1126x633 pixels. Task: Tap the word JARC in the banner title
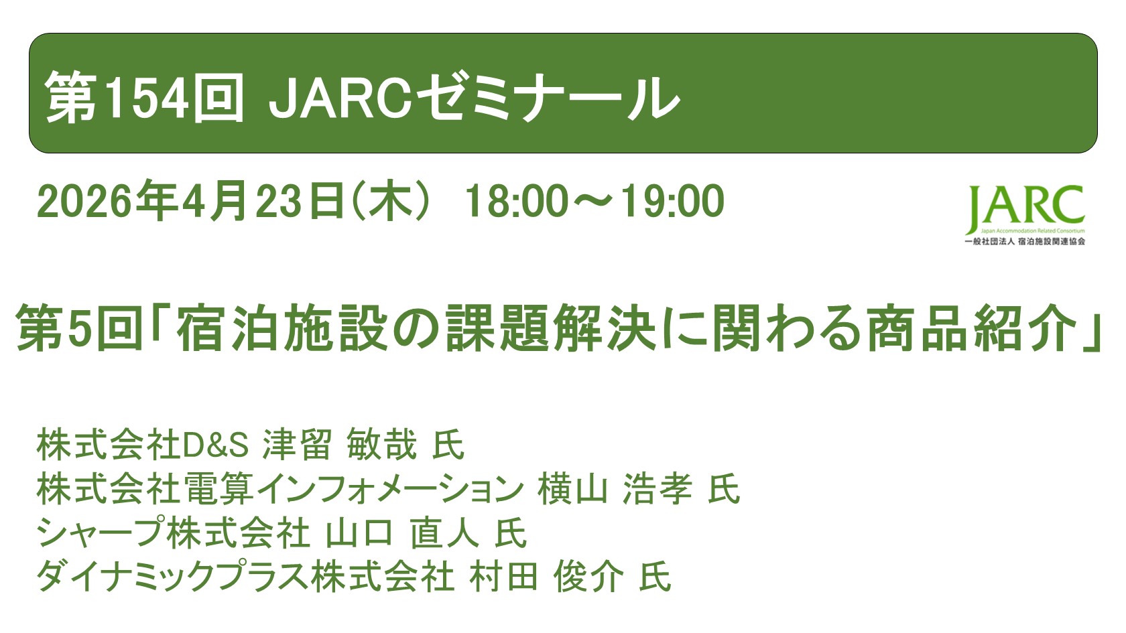[x=338, y=98]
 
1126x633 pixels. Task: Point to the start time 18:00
[x=517, y=201]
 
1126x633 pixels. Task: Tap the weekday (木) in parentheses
[x=389, y=201]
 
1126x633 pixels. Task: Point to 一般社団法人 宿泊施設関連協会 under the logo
[x=1025, y=241]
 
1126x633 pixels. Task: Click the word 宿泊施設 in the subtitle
[x=282, y=328]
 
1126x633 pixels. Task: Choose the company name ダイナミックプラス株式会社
[x=245, y=577]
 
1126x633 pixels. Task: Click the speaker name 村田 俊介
[x=546, y=577]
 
